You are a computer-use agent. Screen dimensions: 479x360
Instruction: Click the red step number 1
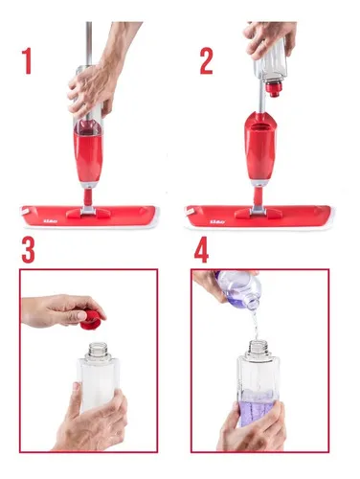pyautogui.click(x=28, y=59)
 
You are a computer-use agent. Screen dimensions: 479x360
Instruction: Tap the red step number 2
pyautogui.click(x=206, y=59)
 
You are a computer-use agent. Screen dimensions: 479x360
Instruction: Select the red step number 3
pyautogui.click(x=29, y=250)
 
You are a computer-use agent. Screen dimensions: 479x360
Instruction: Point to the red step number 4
pyautogui.click(x=202, y=250)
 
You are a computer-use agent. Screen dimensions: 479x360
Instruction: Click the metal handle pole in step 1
pyautogui.click(x=88, y=38)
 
